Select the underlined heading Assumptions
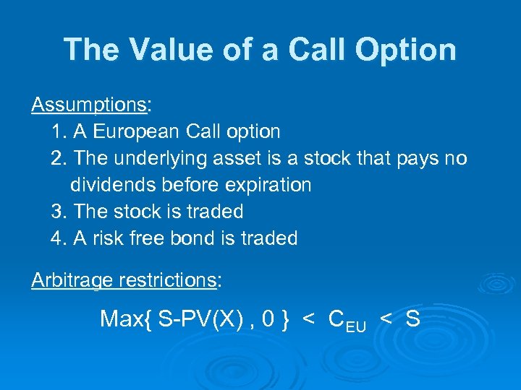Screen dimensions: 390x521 click(88, 105)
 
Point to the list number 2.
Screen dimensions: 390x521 click(59, 158)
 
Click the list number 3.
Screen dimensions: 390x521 click(59, 212)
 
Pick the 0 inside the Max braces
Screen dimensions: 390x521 click(268, 319)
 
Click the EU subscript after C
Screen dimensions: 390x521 click(356, 326)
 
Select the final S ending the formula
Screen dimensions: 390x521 click(413, 319)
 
